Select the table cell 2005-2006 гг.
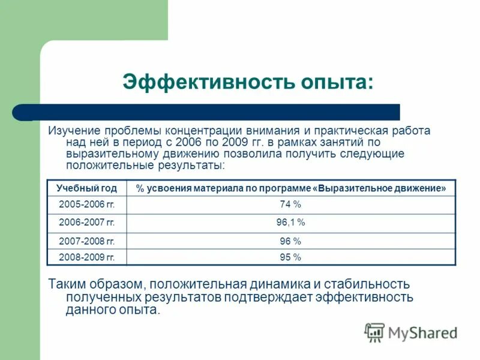click(86, 205)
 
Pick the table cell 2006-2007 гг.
click(86, 223)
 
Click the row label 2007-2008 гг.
click(86, 241)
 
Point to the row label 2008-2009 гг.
click(86, 257)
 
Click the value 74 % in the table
click(290, 205)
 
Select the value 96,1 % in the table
click(290, 223)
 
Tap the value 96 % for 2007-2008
click(290, 241)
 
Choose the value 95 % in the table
click(290, 257)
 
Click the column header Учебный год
click(86, 188)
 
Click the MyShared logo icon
click(375, 332)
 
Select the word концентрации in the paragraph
click(206, 130)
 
